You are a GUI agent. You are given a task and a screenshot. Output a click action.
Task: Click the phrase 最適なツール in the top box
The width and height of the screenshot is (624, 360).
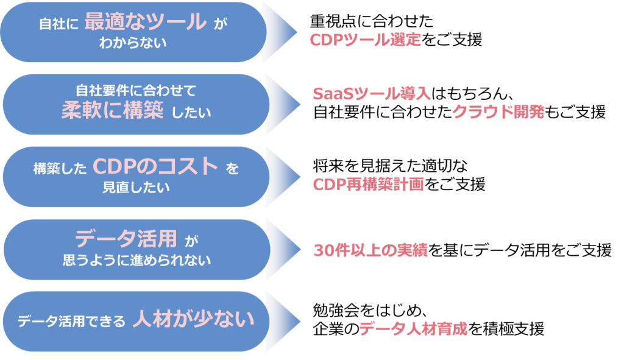pos(145,23)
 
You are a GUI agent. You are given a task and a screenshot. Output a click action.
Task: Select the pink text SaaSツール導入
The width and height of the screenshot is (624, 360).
pos(372,94)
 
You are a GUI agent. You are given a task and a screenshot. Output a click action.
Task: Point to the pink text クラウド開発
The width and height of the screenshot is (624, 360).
pos(498,112)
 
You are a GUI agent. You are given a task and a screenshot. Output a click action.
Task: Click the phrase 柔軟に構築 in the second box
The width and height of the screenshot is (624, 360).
pos(112,111)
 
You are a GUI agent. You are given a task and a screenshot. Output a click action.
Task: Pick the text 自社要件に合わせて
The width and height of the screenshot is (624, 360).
pos(136,91)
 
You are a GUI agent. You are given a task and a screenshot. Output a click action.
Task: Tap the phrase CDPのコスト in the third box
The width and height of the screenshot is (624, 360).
pos(155,166)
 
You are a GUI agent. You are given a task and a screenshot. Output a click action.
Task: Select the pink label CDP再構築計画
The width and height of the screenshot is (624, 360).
pos(368,185)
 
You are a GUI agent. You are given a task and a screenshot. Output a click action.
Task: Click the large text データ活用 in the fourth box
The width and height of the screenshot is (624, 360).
pos(126,238)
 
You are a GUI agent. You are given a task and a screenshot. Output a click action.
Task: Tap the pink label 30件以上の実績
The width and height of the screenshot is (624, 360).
pos(370,250)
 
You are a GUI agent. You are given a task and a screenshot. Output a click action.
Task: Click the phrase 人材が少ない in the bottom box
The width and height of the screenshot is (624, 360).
pos(193,319)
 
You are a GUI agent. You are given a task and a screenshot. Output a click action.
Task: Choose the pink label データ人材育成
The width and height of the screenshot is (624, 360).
pos(413,329)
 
